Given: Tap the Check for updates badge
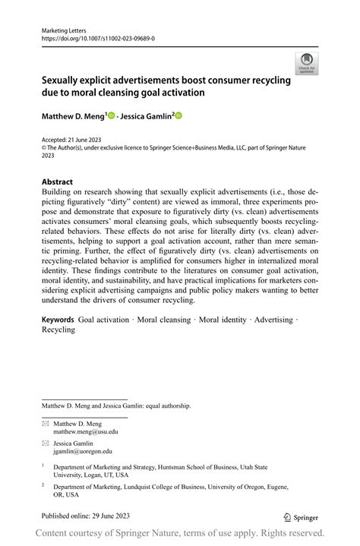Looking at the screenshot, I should click(x=307, y=63).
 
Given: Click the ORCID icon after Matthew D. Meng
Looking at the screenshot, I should click(x=111, y=115).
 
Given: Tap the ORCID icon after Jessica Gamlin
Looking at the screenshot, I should click(x=179, y=115).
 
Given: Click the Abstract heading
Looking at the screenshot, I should click(x=57, y=182).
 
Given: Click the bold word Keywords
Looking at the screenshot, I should click(x=58, y=320).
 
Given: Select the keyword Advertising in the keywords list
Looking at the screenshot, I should click(x=273, y=320).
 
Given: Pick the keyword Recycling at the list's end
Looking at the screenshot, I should click(x=58, y=330).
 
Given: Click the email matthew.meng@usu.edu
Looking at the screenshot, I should click(x=86, y=432).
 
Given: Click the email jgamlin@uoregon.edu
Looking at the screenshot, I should click(x=83, y=451).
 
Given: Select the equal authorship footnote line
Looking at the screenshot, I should click(x=115, y=406).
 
